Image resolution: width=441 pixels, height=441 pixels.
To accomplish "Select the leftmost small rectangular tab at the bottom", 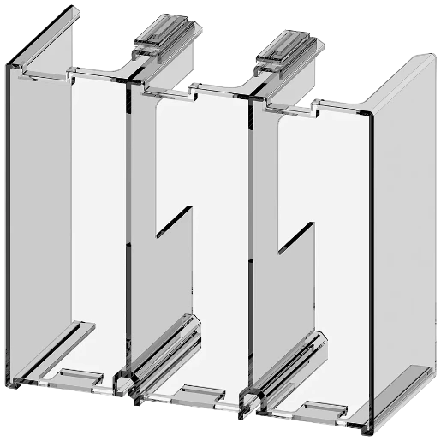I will (x=79, y=376).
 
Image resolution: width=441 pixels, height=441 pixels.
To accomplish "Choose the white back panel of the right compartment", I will (x=330, y=231).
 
